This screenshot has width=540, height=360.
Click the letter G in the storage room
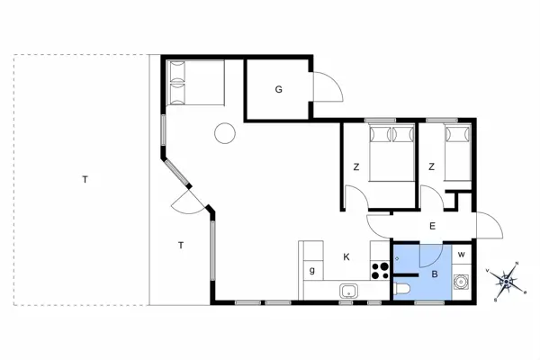tap(279, 89)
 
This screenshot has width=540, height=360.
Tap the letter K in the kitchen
tap(346, 256)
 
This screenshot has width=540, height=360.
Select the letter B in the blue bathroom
tap(435, 274)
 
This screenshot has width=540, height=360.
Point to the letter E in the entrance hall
tap(432, 226)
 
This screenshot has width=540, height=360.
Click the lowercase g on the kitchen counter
tap(313, 270)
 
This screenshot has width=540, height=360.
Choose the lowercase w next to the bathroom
tap(461, 255)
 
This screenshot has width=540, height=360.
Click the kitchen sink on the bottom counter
tap(349, 291)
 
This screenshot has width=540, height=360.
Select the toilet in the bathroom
tap(404, 289)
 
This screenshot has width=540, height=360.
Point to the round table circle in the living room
tap(224, 134)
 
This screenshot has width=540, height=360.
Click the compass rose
tap(506, 282)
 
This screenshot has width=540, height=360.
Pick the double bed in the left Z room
tap(391, 153)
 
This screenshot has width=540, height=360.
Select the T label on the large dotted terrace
tap(85, 179)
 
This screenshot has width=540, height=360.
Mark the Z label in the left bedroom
tap(356, 167)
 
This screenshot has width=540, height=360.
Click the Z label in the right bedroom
tap(432, 167)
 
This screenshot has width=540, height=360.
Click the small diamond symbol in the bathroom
tap(397, 257)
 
